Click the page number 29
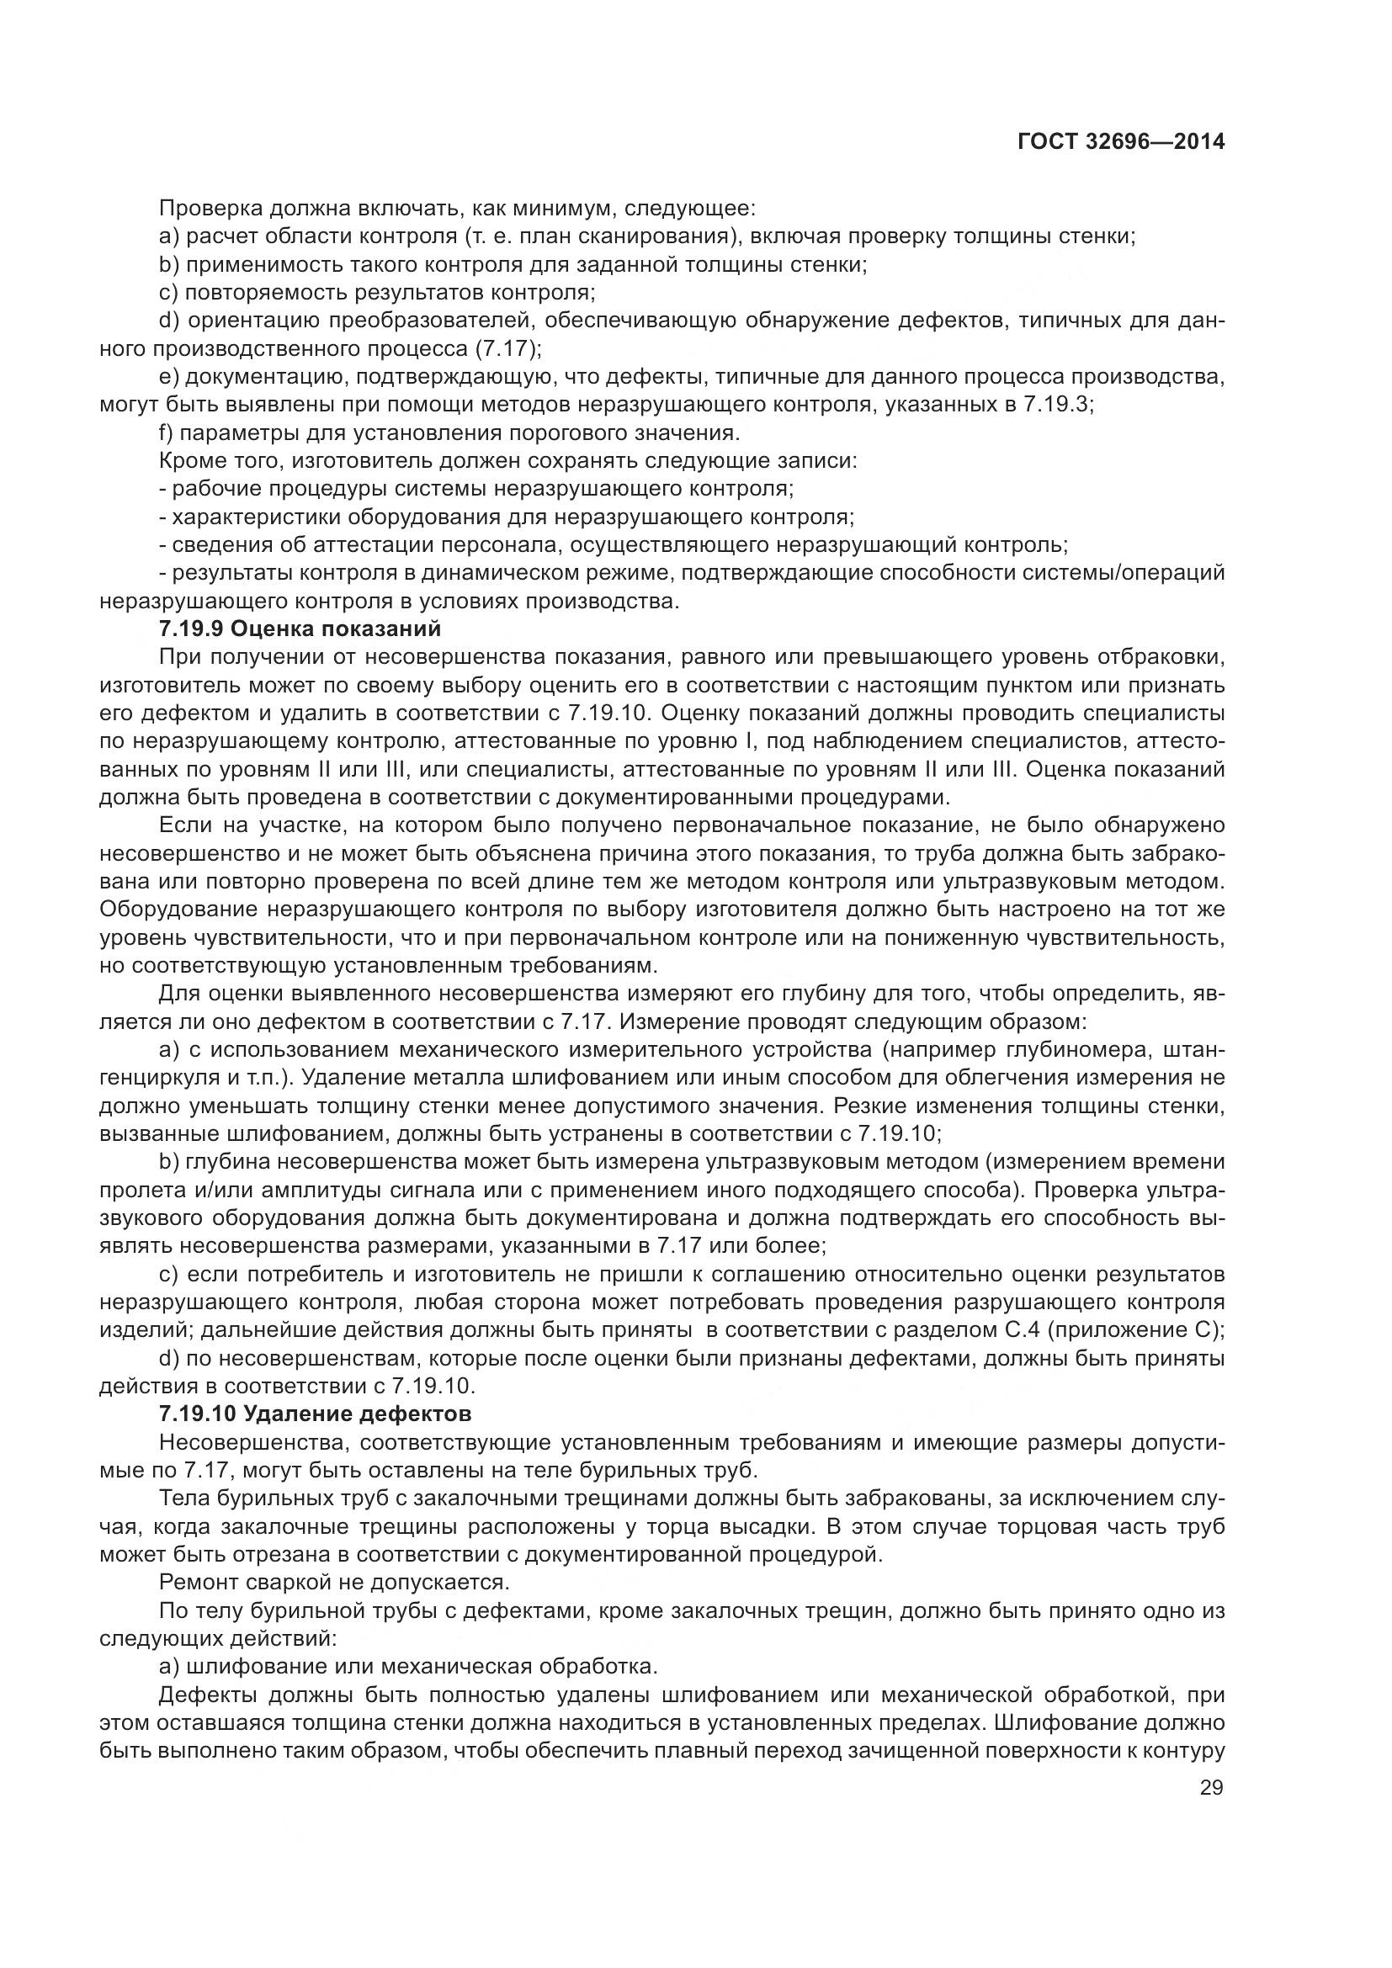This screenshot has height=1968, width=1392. click(1211, 1788)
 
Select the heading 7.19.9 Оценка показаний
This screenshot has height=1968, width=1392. click(300, 629)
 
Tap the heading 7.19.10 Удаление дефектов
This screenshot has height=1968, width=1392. click(316, 1412)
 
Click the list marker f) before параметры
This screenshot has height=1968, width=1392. click(167, 432)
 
